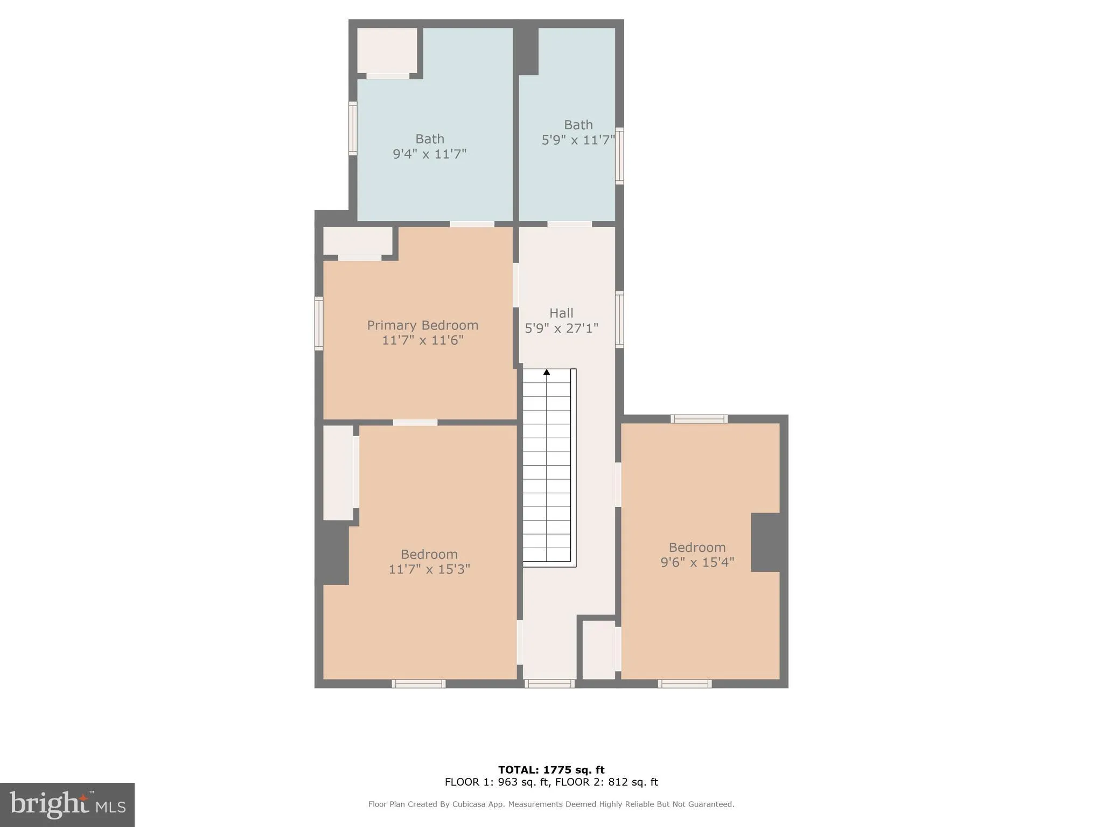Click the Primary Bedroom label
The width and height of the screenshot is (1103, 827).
pos(423,325)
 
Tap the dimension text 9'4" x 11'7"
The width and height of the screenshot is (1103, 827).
pos(429,154)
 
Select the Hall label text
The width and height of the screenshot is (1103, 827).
pos(561,313)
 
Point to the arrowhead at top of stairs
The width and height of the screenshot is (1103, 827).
pos(547,372)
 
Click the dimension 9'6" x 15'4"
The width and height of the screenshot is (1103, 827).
pos(697,563)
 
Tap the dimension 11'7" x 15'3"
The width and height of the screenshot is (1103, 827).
pos(429,569)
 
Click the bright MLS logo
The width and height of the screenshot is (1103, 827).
pos(67,804)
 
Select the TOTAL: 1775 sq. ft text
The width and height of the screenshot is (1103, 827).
pos(551,770)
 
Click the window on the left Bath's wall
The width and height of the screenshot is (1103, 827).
pos(353,129)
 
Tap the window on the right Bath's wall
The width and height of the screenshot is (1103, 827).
pos(620,156)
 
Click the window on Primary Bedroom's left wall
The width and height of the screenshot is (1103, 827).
pos(319,323)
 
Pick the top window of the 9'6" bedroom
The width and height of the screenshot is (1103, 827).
pos(699,419)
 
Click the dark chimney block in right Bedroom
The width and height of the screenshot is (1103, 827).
pos(765,542)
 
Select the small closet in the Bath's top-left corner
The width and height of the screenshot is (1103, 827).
pos(387,50)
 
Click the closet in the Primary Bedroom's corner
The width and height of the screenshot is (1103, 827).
pos(358,241)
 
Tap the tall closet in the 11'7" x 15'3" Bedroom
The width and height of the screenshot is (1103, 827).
pos(338,473)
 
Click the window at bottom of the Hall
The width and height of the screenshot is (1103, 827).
pos(549,684)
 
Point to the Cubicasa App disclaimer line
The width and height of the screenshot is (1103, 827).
pos(551,804)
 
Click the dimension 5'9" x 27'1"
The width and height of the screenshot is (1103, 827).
pos(561,328)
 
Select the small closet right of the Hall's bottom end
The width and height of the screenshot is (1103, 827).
pos(598,649)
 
